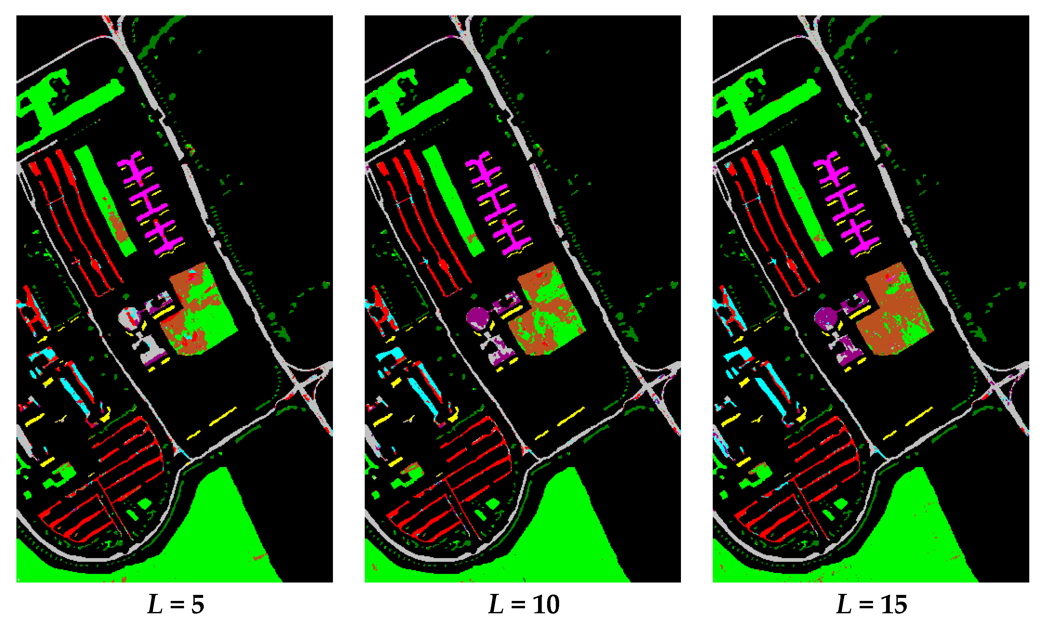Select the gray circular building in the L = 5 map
tap(127, 316)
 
